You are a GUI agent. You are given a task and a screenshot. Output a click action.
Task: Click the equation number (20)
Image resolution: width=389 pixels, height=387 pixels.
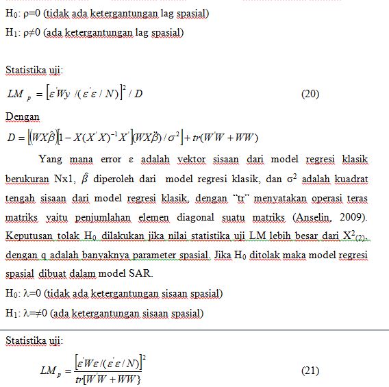pyautogui.click(x=310, y=94)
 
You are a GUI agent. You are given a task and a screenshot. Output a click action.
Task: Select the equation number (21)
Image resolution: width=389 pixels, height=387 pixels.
pyautogui.click(x=310, y=371)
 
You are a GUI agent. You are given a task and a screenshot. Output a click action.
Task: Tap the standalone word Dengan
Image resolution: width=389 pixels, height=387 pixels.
pyautogui.click(x=23, y=117)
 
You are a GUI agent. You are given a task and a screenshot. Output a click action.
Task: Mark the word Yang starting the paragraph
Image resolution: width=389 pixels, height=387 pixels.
pyautogui.click(x=50, y=160)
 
